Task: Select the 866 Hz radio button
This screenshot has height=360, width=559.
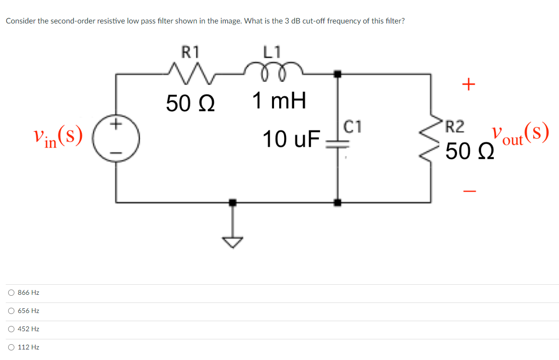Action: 11,292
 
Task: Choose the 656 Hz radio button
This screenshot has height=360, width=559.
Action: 11,311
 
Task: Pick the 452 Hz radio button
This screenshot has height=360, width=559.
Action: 11,329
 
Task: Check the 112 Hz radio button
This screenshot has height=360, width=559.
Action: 11,347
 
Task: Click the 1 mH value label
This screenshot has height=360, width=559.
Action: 279,101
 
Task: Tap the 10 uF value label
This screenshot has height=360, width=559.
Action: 291,139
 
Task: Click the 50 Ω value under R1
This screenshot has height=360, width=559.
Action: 190,103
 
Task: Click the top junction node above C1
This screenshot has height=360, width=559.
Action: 338,74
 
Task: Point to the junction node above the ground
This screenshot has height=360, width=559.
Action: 232,202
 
